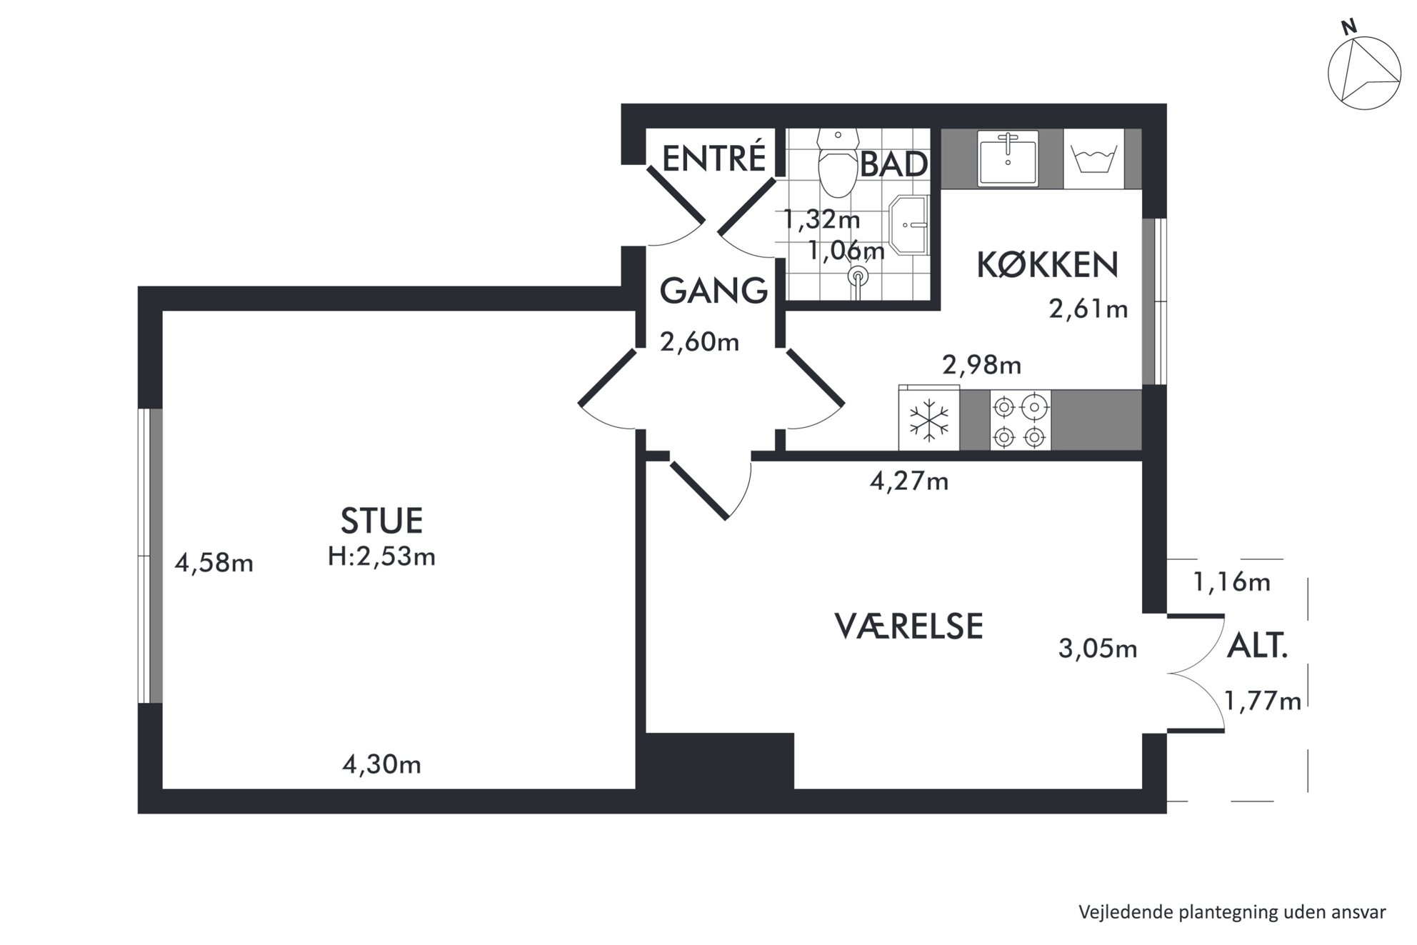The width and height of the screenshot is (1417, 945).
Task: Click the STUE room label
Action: [381, 521]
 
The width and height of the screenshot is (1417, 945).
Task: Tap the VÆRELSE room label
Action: [908, 626]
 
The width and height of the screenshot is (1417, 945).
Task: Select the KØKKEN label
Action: [1046, 265]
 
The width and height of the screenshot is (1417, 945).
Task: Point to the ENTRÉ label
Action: [713, 158]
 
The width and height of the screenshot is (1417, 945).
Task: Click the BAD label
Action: [894, 164]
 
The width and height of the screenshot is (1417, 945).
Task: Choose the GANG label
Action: [713, 291]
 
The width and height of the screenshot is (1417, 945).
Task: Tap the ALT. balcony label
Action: [1257, 646]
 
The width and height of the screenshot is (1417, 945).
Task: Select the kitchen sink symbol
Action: [1008, 158]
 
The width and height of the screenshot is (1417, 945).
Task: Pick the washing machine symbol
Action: [1093, 159]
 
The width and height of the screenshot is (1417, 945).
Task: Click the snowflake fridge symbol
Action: [928, 419]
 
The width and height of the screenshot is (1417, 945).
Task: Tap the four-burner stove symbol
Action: [1020, 420]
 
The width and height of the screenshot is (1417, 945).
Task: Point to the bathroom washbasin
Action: [908, 225]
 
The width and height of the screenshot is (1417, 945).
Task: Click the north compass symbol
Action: [1363, 71]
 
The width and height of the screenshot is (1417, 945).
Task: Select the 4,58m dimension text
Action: [214, 564]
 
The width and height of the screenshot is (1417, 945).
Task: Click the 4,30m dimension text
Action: [381, 765]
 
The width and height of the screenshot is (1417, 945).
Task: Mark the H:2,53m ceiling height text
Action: [381, 556]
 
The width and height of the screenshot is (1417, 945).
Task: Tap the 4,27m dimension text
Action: [908, 481]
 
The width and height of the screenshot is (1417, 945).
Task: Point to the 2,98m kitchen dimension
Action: [981, 366]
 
